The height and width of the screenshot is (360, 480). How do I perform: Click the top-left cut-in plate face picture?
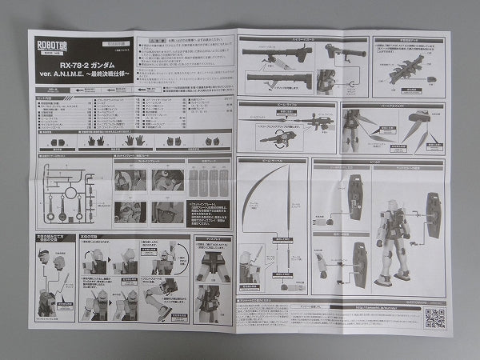[x=129, y=180]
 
